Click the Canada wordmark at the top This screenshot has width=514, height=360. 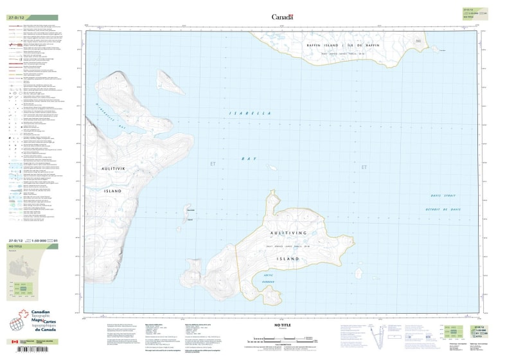[x=283, y=17]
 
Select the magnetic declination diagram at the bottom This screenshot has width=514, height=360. [x=381, y=336]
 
